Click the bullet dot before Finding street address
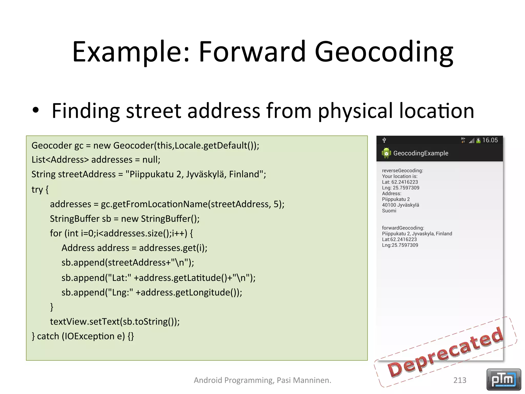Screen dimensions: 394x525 point(36,110)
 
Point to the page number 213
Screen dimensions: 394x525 point(460,380)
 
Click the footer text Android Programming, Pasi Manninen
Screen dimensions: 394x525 point(262,380)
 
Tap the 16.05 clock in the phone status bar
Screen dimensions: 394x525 point(490,140)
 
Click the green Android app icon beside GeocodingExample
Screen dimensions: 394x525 point(386,153)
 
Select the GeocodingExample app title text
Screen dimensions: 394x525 point(421,153)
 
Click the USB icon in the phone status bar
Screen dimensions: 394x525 point(384,140)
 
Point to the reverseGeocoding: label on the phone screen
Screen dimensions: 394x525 point(402,171)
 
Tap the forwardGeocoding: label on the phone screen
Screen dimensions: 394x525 point(403,228)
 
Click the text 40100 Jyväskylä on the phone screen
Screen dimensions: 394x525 point(400,205)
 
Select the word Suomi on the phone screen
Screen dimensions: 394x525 point(389,211)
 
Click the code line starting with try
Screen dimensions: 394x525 point(40,190)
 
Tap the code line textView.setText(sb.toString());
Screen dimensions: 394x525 point(115,321)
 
